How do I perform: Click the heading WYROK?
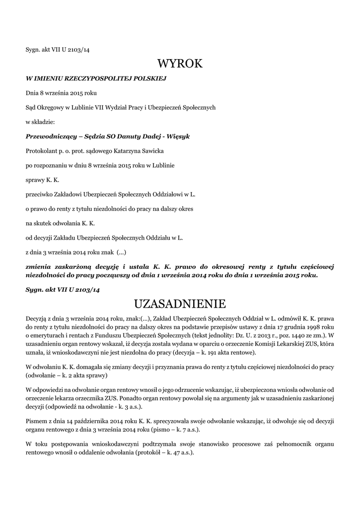click(x=180, y=64)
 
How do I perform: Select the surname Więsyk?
click(x=178, y=136)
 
